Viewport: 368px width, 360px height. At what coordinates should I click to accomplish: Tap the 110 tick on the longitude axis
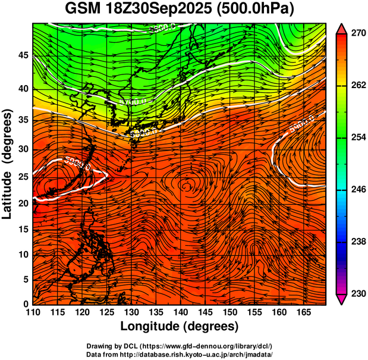pos(33,312)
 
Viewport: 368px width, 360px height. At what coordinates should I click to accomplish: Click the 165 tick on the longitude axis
pos(303,312)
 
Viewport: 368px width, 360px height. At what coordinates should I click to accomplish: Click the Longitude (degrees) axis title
pos(180,326)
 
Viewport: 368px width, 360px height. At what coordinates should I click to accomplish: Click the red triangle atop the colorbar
pos(342,29)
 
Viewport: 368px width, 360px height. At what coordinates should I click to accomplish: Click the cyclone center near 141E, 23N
pos(187,186)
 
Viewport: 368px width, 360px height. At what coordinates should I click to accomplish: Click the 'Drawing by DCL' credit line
pos(180,346)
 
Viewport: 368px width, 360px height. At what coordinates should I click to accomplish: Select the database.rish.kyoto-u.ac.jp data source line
pos(180,354)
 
